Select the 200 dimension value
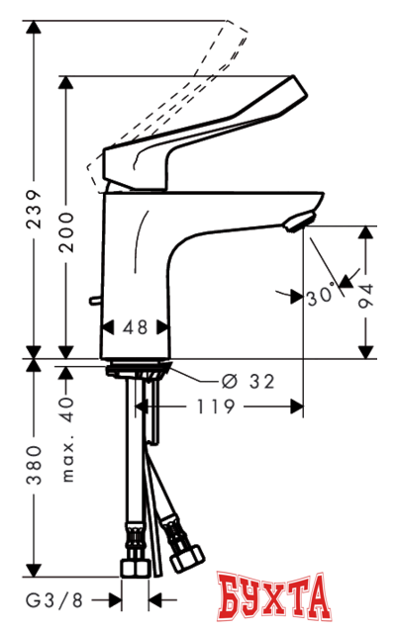(x=67, y=233)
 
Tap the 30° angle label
(x=320, y=294)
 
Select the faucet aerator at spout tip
(x=298, y=220)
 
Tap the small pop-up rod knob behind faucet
(x=94, y=300)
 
